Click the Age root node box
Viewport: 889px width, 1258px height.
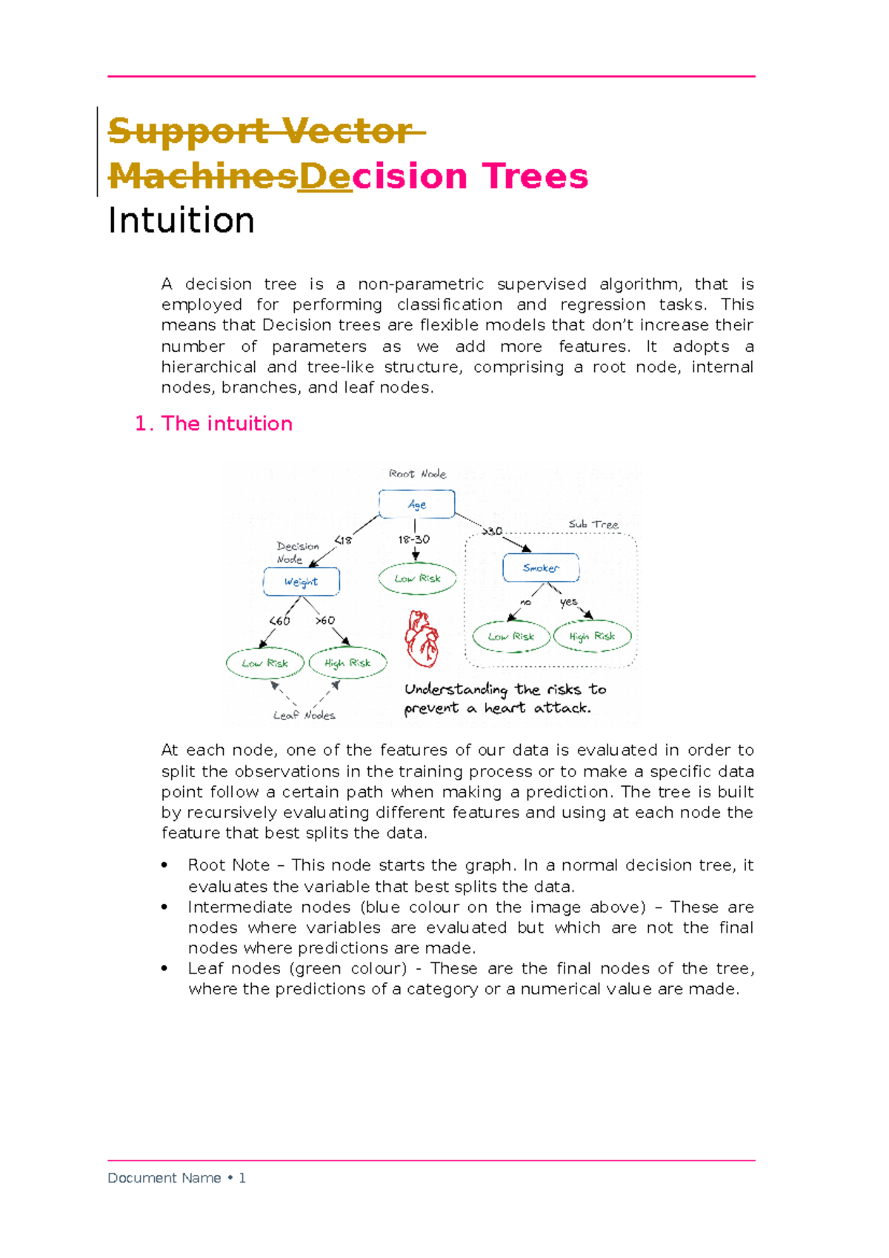pos(416,504)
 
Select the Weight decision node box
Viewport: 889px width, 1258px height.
pos(301,582)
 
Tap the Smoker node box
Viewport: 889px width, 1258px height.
pos(541,568)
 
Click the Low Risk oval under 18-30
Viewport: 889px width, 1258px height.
pos(417,579)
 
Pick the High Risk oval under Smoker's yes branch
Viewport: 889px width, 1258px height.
pos(592,636)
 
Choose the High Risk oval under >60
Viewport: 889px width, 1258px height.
pos(347,663)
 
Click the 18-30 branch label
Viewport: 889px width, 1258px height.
pos(413,539)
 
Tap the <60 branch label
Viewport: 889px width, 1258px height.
pos(279,621)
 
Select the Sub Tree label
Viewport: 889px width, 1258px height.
pos(593,524)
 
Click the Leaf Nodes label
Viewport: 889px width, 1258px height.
pos(304,715)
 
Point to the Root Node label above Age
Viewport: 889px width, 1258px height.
pos(417,473)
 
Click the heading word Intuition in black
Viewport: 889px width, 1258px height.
pos(182,221)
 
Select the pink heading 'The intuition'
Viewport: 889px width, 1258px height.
pos(227,424)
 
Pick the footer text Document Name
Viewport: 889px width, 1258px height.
pos(164,1178)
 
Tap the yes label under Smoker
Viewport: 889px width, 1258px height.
pos(568,602)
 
